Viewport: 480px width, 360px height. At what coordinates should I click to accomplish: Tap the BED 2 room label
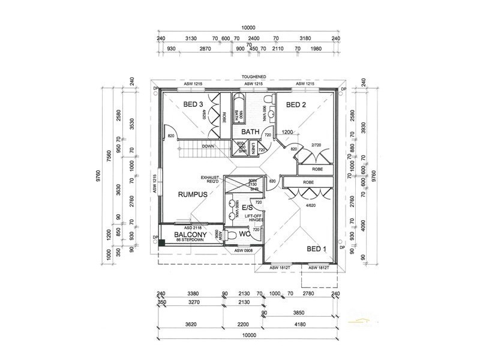pos(296,104)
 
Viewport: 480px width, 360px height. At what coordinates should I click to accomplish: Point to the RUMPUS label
pos(192,194)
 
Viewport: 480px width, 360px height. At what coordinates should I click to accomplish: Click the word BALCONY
pos(191,234)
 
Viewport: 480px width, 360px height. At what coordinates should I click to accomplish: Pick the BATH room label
pos(250,131)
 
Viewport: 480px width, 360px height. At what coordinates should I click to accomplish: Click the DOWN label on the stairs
pos(208,146)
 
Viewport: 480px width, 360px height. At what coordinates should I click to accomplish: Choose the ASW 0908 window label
pos(243,250)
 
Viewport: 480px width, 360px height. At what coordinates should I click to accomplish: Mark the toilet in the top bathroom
pos(271,98)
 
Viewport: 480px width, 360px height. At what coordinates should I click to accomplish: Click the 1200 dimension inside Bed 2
pos(287,132)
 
